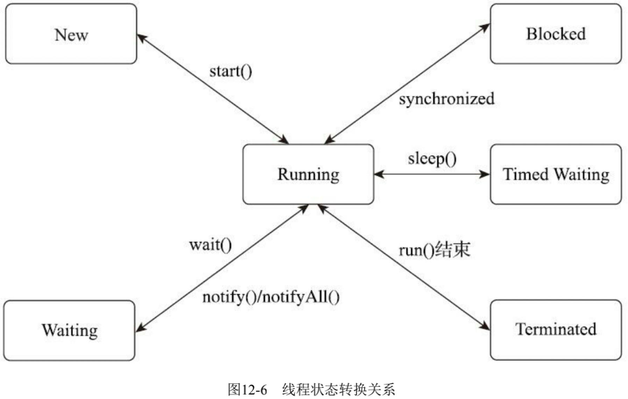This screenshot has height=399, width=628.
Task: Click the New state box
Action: pos(71,34)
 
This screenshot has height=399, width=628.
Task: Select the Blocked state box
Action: pos(556,34)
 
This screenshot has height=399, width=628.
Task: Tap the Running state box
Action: pos(308,174)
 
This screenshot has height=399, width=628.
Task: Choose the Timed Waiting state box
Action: pos(556,174)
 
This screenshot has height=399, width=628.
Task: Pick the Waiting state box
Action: pos(69,330)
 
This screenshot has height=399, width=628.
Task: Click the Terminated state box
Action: pos(556,329)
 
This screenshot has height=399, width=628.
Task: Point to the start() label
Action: pos(230,71)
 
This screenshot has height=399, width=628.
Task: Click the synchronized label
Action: pos(447,99)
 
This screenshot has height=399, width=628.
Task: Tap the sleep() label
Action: pos(432,159)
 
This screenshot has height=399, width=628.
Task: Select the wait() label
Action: pos(210,245)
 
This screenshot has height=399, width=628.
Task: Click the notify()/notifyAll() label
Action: pos(271,297)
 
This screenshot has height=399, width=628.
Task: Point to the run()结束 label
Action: pos(434,250)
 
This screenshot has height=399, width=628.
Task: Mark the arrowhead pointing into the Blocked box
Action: pos(486,27)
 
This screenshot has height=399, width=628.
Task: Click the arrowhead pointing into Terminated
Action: pos(486,326)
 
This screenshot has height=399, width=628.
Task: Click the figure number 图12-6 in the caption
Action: pos(247,389)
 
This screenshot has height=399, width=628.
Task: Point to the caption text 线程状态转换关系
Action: pos(338,389)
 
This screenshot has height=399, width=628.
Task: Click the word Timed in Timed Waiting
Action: pos(525,174)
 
